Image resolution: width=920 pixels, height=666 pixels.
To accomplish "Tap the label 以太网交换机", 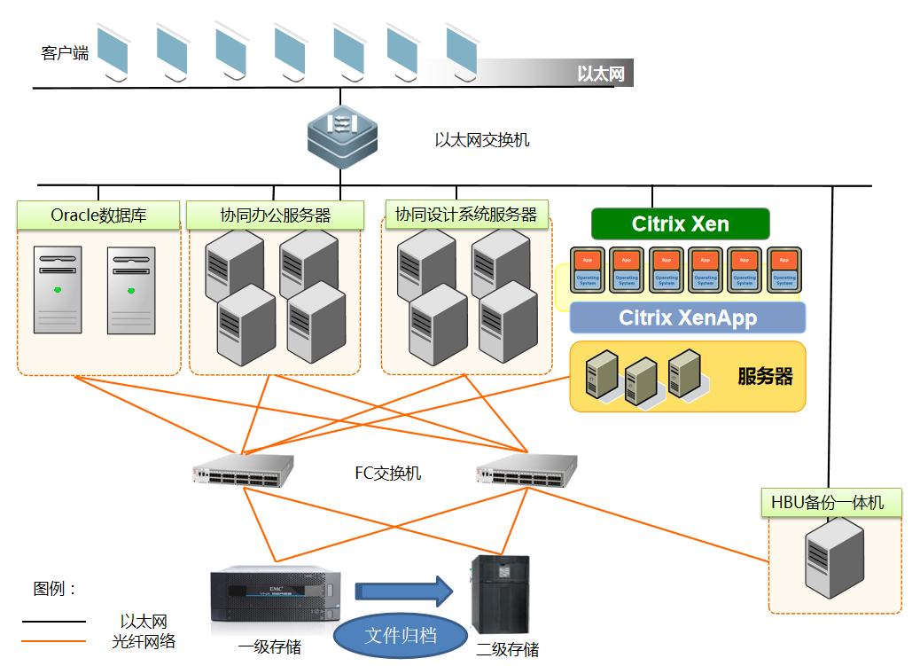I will click(481, 140).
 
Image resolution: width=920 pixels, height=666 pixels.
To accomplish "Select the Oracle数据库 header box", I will click(98, 215).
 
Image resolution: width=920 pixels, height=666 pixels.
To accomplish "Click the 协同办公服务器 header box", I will click(275, 215).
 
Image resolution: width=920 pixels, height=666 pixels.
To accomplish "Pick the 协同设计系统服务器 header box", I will click(465, 214).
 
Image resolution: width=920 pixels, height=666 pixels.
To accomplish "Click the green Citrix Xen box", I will click(680, 223).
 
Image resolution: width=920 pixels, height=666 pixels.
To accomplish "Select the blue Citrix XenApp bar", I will click(687, 317).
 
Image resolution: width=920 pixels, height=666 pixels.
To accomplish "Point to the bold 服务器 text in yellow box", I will click(765, 376).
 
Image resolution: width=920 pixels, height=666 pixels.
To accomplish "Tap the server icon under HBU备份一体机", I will click(834, 555).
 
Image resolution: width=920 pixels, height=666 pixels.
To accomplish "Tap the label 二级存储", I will click(507, 649).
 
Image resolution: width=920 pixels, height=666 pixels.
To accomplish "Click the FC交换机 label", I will click(388, 473).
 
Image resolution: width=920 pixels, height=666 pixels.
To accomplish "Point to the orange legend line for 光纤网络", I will click(54, 640).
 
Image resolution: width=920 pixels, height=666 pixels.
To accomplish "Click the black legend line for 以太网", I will click(54, 622).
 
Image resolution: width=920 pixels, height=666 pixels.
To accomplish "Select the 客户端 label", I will click(65, 53).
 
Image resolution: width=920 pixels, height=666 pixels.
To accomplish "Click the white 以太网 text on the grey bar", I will click(600, 74).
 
